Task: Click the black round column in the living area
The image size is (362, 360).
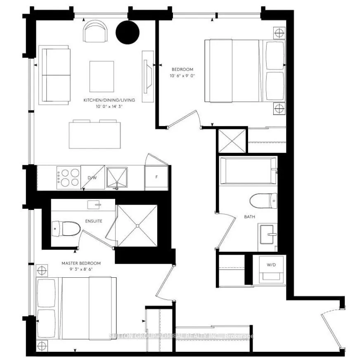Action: pos(128,32)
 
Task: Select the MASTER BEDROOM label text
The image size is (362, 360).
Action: pos(81,263)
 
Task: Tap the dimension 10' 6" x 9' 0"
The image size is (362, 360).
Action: pos(182,76)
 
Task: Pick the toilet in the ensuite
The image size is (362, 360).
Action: pos(66,229)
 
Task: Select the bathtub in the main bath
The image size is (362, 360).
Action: pos(248,171)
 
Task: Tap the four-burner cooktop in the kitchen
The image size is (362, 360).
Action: pos(68,178)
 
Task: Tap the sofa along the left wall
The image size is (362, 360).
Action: pos(55,75)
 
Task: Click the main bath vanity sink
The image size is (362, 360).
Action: pos(268,237)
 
